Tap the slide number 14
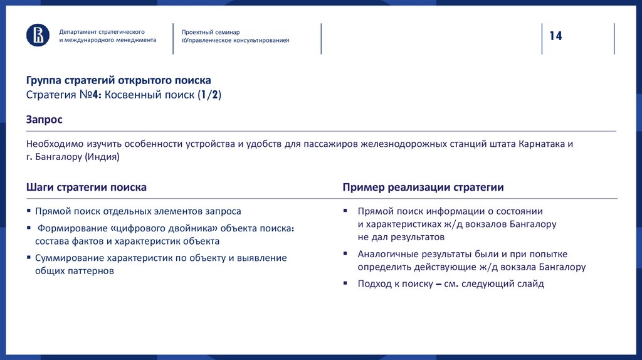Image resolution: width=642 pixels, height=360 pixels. (555, 36)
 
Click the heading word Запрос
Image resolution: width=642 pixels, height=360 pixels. (44, 119)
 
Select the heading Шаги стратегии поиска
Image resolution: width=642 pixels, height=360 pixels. (87, 188)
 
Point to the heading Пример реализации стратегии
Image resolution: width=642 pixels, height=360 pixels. (423, 188)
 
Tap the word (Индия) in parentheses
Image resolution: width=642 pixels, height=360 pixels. (101, 157)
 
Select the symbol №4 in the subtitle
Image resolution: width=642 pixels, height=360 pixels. (89, 95)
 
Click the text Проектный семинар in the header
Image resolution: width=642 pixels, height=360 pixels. (211, 32)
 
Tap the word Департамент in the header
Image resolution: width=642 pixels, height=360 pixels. (78, 31)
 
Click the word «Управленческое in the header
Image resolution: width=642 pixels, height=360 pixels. (213, 40)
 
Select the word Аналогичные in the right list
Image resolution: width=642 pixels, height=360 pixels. (387, 254)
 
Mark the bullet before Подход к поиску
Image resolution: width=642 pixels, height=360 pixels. (345, 283)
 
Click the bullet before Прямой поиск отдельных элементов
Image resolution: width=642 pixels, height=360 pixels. (29, 211)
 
